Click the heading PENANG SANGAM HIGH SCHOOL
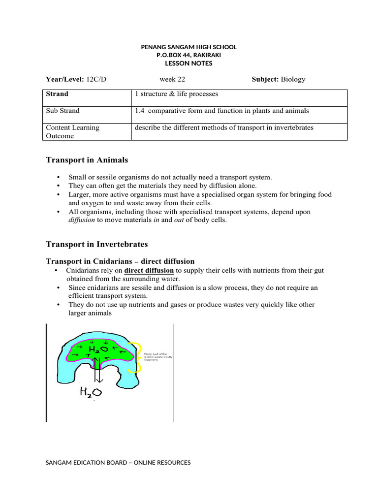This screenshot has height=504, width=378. (x=189, y=47)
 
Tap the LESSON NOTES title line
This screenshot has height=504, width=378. (x=189, y=63)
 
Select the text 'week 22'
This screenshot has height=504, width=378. (x=172, y=79)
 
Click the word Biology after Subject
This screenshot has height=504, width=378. (x=293, y=79)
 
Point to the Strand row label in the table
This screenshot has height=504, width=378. (x=57, y=94)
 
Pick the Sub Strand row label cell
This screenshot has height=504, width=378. (x=63, y=111)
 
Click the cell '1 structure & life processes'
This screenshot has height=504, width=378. (x=176, y=94)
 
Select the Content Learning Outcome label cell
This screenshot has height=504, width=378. (x=72, y=131)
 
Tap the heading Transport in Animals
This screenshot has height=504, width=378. (x=87, y=160)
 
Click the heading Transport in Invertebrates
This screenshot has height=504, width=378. (x=97, y=244)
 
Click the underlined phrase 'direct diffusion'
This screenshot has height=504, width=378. (x=149, y=271)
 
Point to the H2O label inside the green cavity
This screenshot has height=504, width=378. (x=97, y=350)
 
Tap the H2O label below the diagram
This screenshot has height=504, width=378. (x=91, y=392)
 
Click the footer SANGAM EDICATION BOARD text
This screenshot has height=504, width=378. (x=118, y=463)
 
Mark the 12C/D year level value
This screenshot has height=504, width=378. (x=96, y=79)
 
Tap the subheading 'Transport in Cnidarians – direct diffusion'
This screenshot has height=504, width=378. (x=120, y=261)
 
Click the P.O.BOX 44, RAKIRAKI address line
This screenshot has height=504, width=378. (x=189, y=56)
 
